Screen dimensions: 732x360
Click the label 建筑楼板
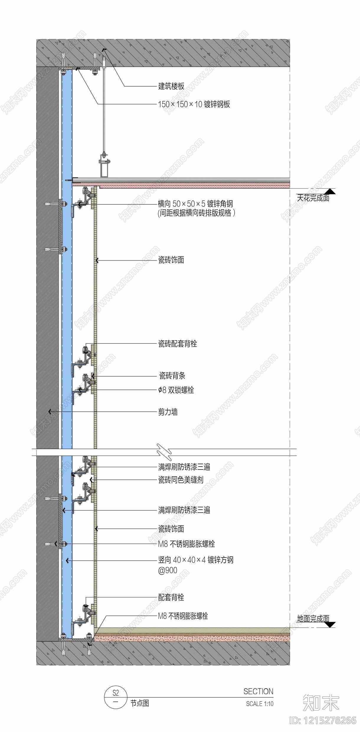click(x=171, y=86)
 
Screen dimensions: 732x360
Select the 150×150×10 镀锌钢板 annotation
click(x=194, y=104)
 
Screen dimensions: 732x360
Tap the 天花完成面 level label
click(x=313, y=198)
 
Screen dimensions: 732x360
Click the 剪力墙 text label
click(x=168, y=412)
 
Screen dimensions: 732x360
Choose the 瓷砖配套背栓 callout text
click(x=178, y=344)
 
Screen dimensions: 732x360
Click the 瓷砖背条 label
click(x=172, y=376)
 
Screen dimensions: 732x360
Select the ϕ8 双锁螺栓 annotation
click(x=176, y=390)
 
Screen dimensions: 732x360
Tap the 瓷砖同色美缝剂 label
click(x=181, y=480)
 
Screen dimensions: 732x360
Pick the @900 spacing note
click(x=168, y=570)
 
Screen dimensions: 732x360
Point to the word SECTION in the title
click(x=258, y=691)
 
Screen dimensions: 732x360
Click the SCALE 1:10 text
click(x=260, y=704)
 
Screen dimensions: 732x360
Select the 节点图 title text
click(x=140, y=703)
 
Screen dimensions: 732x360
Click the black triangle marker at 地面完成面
click(x=330, y=625)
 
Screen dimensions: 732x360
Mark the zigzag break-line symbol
click(x=164, y=452)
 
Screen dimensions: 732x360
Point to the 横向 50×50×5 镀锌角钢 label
click(x=195, y=204)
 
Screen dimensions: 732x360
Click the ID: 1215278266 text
click(x=323, y=721)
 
